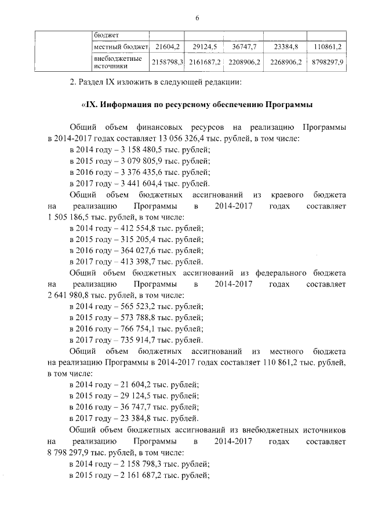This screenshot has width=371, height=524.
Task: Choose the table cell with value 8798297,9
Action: [328, 61]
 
